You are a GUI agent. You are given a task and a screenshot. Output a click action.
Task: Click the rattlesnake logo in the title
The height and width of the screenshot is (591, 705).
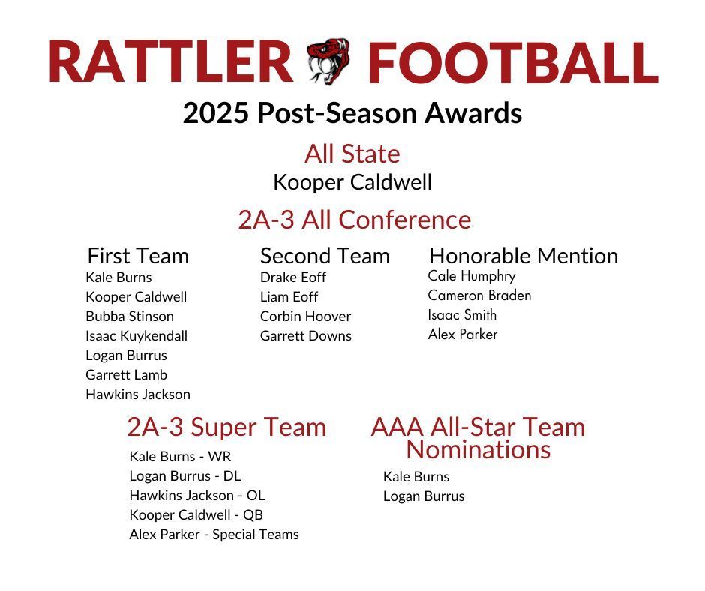[328, 61]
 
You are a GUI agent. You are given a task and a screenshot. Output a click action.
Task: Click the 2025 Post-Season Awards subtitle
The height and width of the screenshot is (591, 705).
[352, 113]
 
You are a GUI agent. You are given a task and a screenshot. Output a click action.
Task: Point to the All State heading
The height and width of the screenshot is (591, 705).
[352, 154]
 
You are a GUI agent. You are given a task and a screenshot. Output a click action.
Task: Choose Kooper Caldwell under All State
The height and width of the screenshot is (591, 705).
[352, 182]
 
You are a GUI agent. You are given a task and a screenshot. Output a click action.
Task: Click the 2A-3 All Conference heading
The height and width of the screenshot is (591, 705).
[354, 220]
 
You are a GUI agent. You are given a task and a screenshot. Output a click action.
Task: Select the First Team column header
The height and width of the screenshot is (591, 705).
[138, 256]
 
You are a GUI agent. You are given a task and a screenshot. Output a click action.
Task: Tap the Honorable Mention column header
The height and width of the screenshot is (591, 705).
[523, 256]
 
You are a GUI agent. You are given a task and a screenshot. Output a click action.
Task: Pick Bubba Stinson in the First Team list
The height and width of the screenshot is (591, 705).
[130, 316]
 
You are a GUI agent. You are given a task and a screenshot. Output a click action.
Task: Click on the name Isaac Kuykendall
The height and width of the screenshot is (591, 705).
[136, 336]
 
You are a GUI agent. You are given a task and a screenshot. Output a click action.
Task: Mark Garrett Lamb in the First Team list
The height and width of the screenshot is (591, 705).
[126, 375]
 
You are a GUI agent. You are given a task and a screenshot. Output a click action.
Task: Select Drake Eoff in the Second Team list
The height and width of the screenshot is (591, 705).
[293, 277]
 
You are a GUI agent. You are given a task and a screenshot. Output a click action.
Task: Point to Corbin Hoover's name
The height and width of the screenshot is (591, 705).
[305, 316]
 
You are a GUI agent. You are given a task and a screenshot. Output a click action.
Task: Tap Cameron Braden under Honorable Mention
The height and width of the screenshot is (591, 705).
[479, 295]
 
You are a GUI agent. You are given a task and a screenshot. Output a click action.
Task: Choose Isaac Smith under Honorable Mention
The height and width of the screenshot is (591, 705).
[462, 315]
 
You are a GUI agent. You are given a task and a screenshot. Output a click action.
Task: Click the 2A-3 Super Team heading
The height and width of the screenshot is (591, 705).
[226, 427]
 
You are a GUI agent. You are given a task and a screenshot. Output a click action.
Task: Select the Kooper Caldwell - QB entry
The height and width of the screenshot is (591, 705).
[196, 515]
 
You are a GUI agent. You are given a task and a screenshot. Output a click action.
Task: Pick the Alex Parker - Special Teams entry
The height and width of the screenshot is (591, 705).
[214, 535]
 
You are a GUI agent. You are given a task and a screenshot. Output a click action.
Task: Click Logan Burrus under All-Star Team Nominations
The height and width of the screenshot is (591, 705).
[424, 496]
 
